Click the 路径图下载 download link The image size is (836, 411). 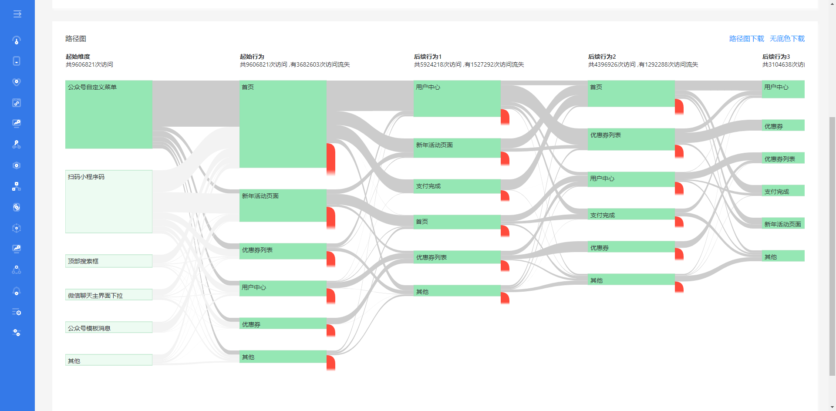tap(746, 39)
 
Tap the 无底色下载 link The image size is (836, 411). tap(787, 39)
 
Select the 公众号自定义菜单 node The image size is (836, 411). tap(109, 114)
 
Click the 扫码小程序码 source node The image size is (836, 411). tap(109, 201)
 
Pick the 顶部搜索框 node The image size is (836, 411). tap(109, 261)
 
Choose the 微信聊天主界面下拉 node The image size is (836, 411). tap(109, 295)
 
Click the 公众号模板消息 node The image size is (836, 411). tap(109, 327)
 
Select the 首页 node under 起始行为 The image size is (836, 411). tap(283, 124)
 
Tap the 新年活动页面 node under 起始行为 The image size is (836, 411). tap(283, 205)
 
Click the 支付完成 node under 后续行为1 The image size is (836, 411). tap(457, 186)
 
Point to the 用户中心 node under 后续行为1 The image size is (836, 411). tap(457, 98)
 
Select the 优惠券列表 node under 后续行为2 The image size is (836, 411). tap(631, 139)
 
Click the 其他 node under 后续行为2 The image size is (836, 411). tap(631, 280)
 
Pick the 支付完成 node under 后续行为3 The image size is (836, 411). tap(783, 191)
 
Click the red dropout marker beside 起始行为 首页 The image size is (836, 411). tap(331, 158)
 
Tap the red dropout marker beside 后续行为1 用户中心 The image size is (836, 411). tap(505, 117)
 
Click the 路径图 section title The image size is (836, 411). tap(76, 39)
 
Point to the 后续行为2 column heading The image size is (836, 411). tap(602, 57)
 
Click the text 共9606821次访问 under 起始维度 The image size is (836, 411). tap(89, 64)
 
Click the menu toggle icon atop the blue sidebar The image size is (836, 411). tap(17, 14)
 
